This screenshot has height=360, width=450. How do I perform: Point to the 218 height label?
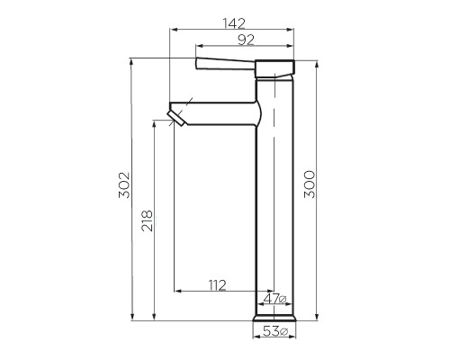point(147,220)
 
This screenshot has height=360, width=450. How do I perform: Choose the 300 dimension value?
point(309,185)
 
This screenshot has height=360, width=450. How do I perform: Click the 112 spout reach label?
point(216,285)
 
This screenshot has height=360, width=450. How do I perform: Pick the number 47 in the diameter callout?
point(271,299)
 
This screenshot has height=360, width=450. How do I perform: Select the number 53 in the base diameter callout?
point(270,332)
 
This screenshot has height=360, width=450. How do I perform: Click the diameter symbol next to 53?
point(283,332)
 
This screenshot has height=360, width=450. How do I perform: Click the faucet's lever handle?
point(225,64)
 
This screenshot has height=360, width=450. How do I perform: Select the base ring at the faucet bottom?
point(274,318)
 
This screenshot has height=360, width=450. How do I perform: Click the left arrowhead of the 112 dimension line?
point(177,292)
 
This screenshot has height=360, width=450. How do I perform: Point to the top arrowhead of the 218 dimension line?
point(155,123)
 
